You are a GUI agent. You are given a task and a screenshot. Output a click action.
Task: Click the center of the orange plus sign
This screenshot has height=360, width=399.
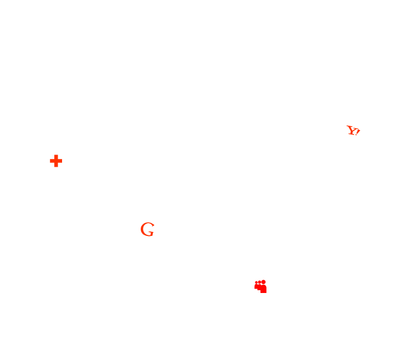pos(55,161)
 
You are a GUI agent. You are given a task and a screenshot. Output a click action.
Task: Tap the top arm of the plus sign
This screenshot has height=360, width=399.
pos(55,157)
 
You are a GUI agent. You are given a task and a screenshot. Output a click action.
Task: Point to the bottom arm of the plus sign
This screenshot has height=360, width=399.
pos(55,166)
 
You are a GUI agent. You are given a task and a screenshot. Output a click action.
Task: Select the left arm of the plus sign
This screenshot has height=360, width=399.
pos(52,161)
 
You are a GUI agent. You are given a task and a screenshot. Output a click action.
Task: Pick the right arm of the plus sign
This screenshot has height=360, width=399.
pos(60,161)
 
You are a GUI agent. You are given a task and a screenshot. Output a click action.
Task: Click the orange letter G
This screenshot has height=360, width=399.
pos(147,229)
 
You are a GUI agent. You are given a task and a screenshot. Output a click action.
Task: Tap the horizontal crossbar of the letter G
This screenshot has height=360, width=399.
pos(151,230)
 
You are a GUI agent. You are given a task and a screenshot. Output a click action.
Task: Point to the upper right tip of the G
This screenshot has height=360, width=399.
pos(152,225)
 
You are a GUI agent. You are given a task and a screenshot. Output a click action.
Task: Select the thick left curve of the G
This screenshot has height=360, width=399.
pos(142,229)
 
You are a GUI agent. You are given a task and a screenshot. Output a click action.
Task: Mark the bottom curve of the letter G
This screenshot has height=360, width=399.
pos(147,235)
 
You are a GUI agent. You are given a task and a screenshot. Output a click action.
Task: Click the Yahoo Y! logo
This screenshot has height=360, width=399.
pos(353,131)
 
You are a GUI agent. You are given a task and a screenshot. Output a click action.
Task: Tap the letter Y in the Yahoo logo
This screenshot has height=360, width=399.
pos(351,130)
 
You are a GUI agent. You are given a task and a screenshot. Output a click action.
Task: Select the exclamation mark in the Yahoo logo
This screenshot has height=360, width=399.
pos(357,132)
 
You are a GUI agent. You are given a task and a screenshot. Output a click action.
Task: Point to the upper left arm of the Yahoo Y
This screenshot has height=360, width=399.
pos(348,127)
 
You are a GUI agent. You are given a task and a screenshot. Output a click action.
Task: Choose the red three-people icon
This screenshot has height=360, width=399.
pos(260,286)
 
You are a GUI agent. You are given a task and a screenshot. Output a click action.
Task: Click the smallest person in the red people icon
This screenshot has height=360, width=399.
pos(256,286)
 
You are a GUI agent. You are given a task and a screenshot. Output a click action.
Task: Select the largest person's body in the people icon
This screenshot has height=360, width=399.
pos(264,289)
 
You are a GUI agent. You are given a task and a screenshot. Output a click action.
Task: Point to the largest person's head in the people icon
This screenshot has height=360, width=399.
pos(264,282)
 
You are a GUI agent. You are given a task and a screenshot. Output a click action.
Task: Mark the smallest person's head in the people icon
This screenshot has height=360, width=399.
pos(256,282)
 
